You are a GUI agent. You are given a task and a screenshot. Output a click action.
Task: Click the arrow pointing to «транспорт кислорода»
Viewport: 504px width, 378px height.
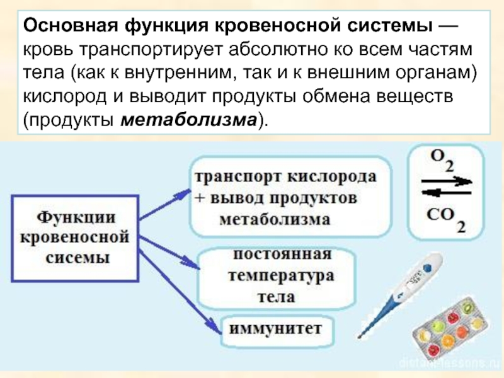point(163,201)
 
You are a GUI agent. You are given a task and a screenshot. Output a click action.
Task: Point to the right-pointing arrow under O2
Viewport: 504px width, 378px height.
point(445,181)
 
